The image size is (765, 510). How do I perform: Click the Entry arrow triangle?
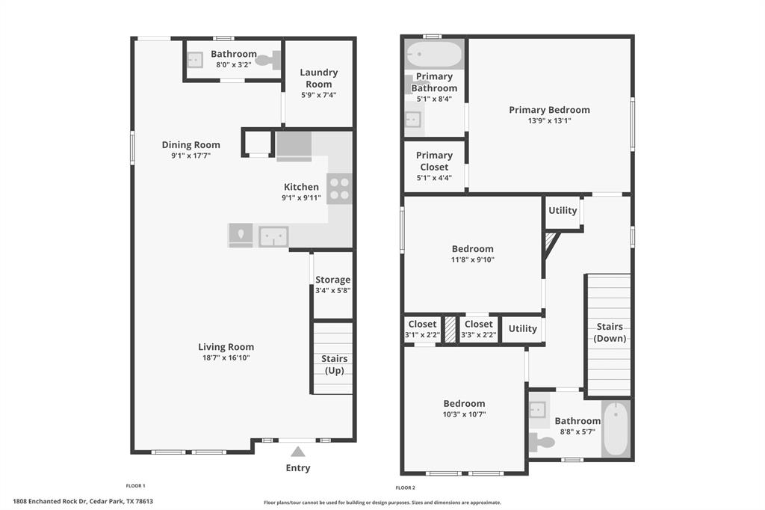[297, 452]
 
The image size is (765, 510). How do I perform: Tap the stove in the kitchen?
[339, 188]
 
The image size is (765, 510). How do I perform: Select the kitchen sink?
[273, 236]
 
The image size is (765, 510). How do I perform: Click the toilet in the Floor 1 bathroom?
[268, 61]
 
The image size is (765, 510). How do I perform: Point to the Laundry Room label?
[318, 79]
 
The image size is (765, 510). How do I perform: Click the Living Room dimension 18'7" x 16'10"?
[226, 357]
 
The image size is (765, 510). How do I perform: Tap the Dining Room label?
[191, 144]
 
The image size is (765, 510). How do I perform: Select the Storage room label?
[332, 280]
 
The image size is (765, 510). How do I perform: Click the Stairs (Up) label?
[334, 364]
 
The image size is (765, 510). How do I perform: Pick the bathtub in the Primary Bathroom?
[434, 54]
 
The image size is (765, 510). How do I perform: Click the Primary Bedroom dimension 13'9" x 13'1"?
[549, 120]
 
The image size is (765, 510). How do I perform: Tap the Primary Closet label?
[434, 161]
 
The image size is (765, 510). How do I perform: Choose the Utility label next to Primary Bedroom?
[563, 210]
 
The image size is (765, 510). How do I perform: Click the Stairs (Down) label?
[610, 332]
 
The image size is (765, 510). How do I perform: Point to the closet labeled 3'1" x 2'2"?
[423, 329]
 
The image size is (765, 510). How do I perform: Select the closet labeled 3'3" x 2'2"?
[479, 329]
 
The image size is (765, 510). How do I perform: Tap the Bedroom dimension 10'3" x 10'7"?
[464, 414]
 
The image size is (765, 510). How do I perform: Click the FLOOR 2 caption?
[406, 488]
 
